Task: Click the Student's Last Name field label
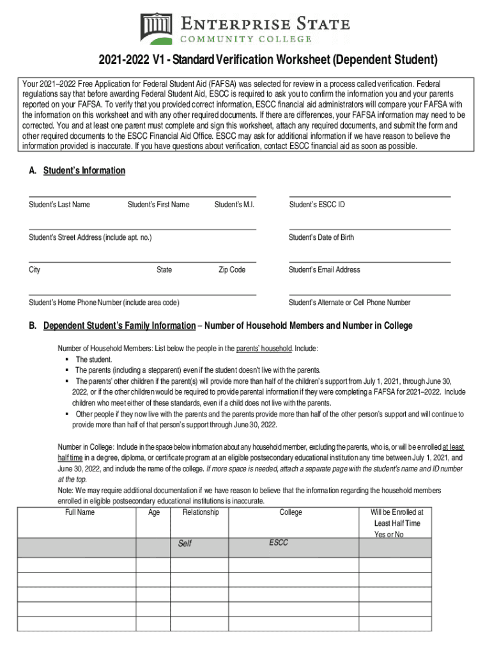click(59, 205)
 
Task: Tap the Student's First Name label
click(158, 205)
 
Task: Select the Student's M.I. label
click(234, 205)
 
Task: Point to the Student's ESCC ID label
click(317, 205)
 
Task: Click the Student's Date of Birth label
click(321, 237)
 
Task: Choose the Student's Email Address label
click(325, 270)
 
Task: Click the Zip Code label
click(232, 270)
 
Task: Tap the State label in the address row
click(164, 270)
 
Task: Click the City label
click(35, 270)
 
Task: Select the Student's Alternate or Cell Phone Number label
click(350, 303)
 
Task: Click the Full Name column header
click(80, 512)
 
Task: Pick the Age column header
click(154, 512)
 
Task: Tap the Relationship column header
click(201, 512)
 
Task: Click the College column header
click(291, 512)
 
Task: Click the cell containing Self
click(185, 544)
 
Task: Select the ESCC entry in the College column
click(279, 542)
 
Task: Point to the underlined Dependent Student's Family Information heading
click(119, 326)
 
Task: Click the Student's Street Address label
click(90, 237)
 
